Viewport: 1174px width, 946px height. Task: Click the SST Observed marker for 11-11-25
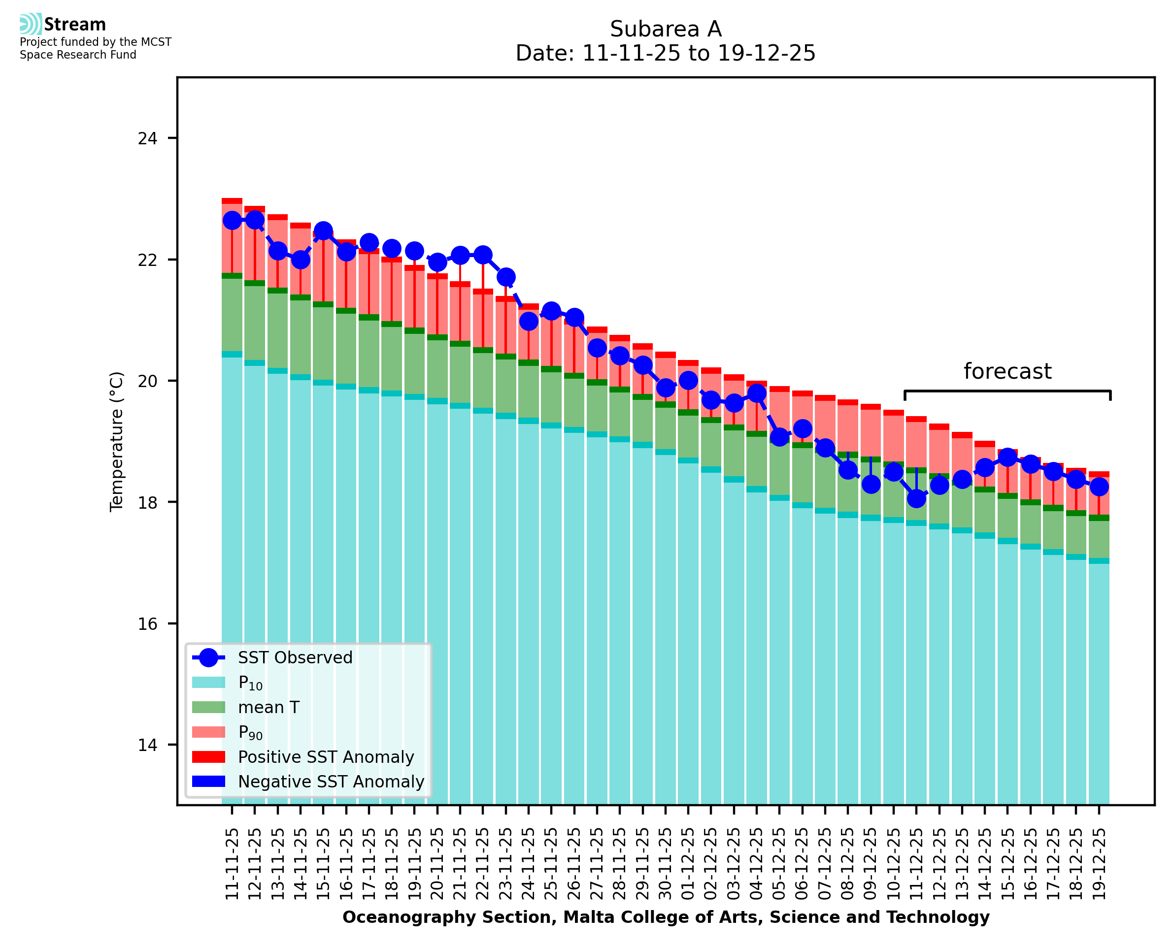pyautogui.click(x=232, y=221)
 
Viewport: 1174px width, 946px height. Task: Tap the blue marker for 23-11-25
pyautogui.click(x=506, y=277)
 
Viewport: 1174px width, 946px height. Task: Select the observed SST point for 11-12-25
pyautogui.click(x=916, y=498)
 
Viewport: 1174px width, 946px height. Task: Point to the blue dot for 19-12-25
pyautogui.click(x=1099, y=487)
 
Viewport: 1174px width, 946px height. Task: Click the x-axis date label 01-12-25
pyautogui.click(x=688, y=864)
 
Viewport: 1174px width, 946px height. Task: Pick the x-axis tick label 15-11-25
pyautogui.click(x=323, y=864)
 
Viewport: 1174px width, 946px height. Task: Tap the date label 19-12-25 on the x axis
pyautogui.click(x=1099, y=864)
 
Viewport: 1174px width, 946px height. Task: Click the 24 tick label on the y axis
pyautogui.click(x=147, y=138)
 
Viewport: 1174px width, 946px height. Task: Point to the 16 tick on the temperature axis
pyautogui.click(x=147, y=624)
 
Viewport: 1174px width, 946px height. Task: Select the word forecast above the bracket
pyautogui.click(x=1007, y=372)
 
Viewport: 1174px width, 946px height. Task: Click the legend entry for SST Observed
pyautogui.click(x=295, y=658)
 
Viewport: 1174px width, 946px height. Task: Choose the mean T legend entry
pyautogui.click(x=268, y=707)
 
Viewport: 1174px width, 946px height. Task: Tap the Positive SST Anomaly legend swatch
pyautogui.click(x=208, y=757)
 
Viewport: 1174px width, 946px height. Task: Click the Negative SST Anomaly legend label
pyautogui.click(x=331, y=782)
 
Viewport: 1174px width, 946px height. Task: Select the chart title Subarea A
pyautogui.click(x=666, y=29)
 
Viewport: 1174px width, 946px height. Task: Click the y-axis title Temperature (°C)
pyautogui.click(x=117, y=441)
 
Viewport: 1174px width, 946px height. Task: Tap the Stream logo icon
pyautogui.click(x=31, y=24)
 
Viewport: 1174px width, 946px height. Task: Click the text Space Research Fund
pyautogui.click(x=78, y=55)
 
